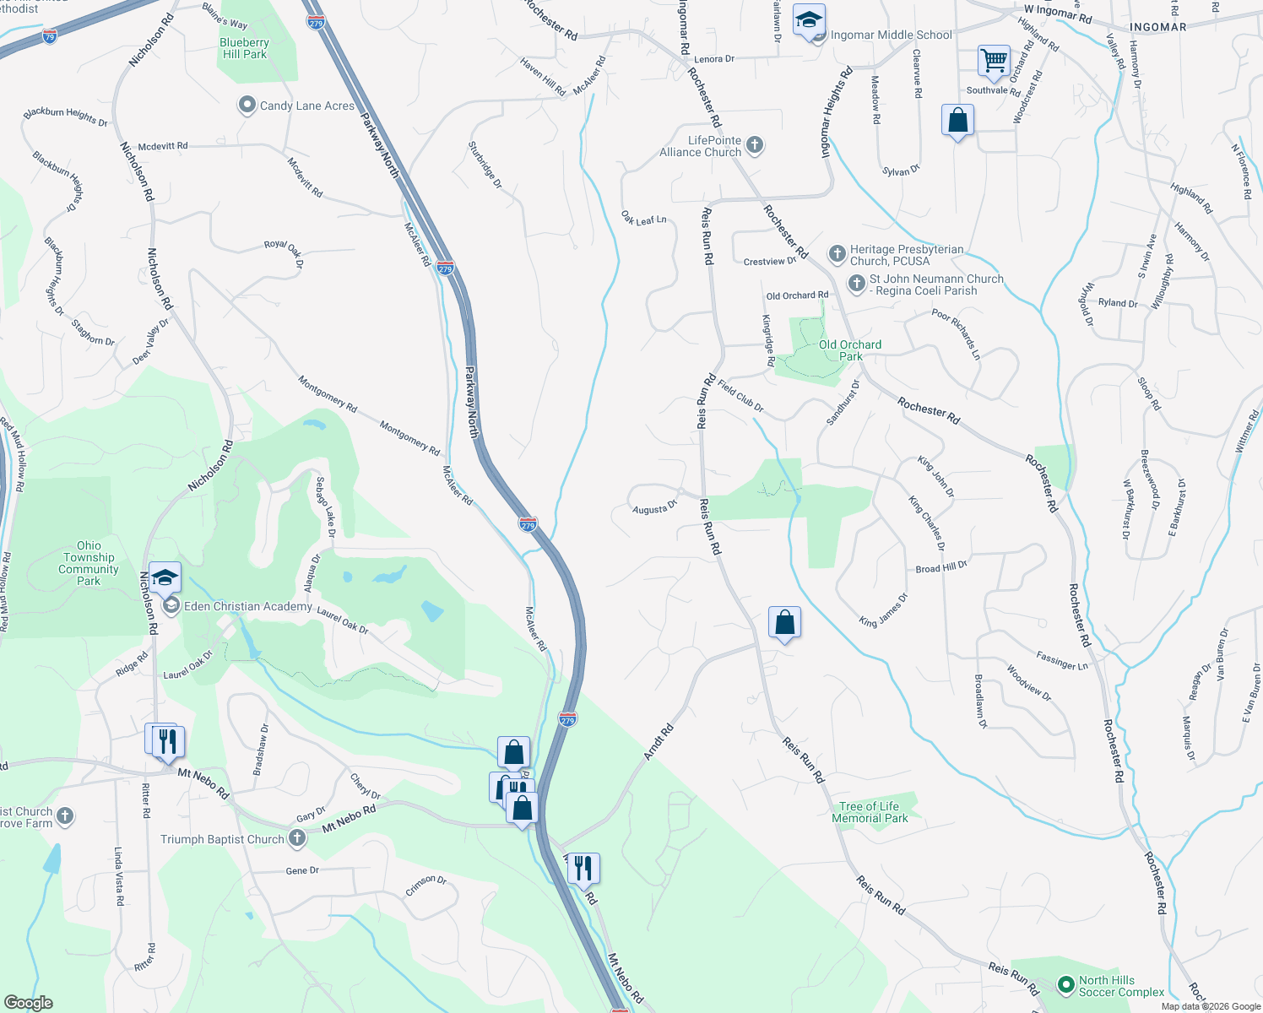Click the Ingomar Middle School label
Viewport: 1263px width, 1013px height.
891,35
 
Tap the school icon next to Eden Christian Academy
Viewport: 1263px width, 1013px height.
165,577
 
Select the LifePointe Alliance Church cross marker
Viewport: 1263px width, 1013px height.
755,146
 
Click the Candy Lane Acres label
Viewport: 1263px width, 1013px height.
306,106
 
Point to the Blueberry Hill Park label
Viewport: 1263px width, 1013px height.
244,48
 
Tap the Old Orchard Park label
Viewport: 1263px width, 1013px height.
849,350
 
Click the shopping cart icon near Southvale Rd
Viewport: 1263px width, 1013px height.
995,61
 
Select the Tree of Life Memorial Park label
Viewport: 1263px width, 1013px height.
870,812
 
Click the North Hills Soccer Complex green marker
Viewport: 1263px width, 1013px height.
1065,984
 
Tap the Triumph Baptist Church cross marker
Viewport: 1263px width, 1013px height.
296,838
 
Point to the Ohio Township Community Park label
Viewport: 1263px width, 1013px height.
89,563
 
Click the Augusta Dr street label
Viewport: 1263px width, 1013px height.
655,508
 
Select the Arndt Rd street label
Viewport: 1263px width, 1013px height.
659,741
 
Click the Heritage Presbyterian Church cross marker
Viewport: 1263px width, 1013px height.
837,254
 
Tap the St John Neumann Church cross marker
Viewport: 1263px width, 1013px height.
856,284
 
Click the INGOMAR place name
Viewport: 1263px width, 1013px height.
1157,27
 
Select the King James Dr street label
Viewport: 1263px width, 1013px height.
883,610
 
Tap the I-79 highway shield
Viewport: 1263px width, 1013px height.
50,36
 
